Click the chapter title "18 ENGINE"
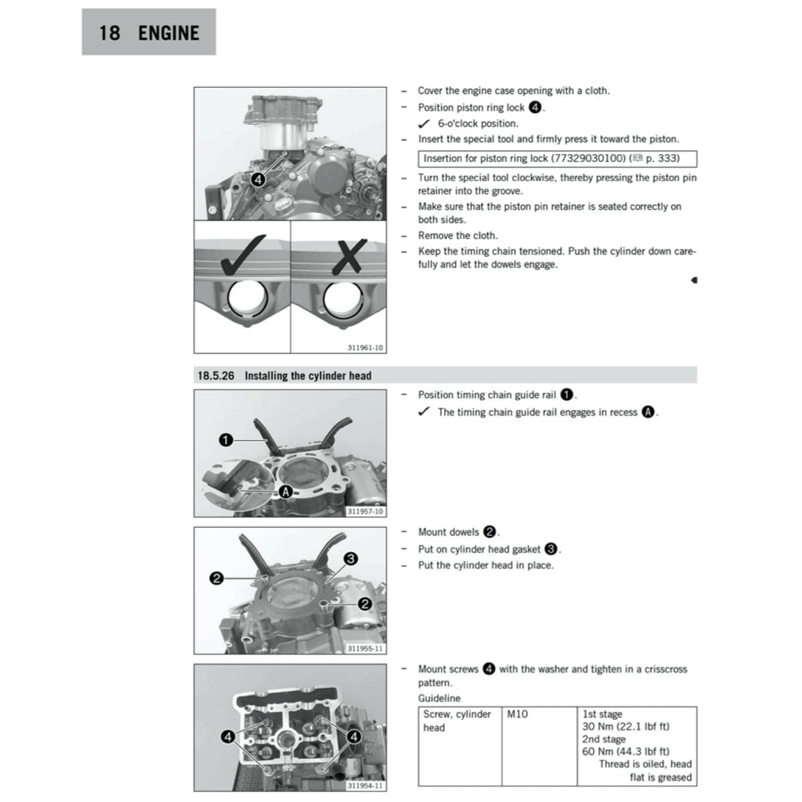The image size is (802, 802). pyautogui.click(x=149, y=33)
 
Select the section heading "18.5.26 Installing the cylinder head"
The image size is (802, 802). pyautogui.click(x=284, y=376)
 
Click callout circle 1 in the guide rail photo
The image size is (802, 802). pyautogui.click(x=225, y=441)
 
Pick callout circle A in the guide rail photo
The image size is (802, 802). pyautogui.click(x=285, y=492)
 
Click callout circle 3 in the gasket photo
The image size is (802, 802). pyautogui.click(x=350, y=558)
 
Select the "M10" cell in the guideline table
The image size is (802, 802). pyautogui.click(x=518, y=714)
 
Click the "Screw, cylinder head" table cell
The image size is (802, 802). pyautogui.click(x=457, y=721)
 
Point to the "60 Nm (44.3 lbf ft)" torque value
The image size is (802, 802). pyautogui.click(x=625, y=752)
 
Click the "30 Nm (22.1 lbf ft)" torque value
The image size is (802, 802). pyautogui.click(x=625, y=727)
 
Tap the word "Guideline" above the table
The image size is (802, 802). pyautogui.click(x=439, y=698)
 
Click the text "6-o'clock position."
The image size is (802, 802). pyautogui.click(x=478, y=124)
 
